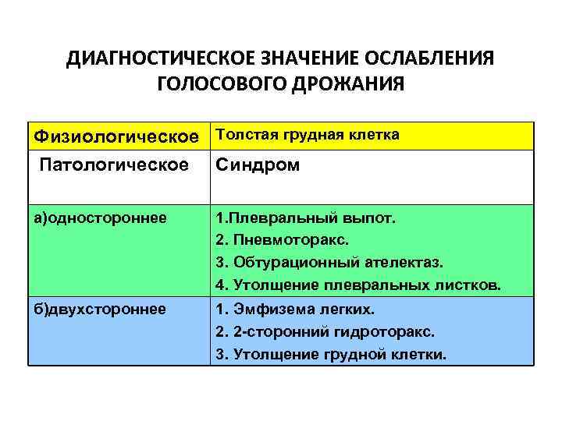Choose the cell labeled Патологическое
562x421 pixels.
[113, 165]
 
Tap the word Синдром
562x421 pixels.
[258, 165]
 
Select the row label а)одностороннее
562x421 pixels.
[99, 218]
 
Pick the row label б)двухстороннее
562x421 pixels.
[99, 309]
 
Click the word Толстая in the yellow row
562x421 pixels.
[241, 135]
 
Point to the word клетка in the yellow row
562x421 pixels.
[375, 135]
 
